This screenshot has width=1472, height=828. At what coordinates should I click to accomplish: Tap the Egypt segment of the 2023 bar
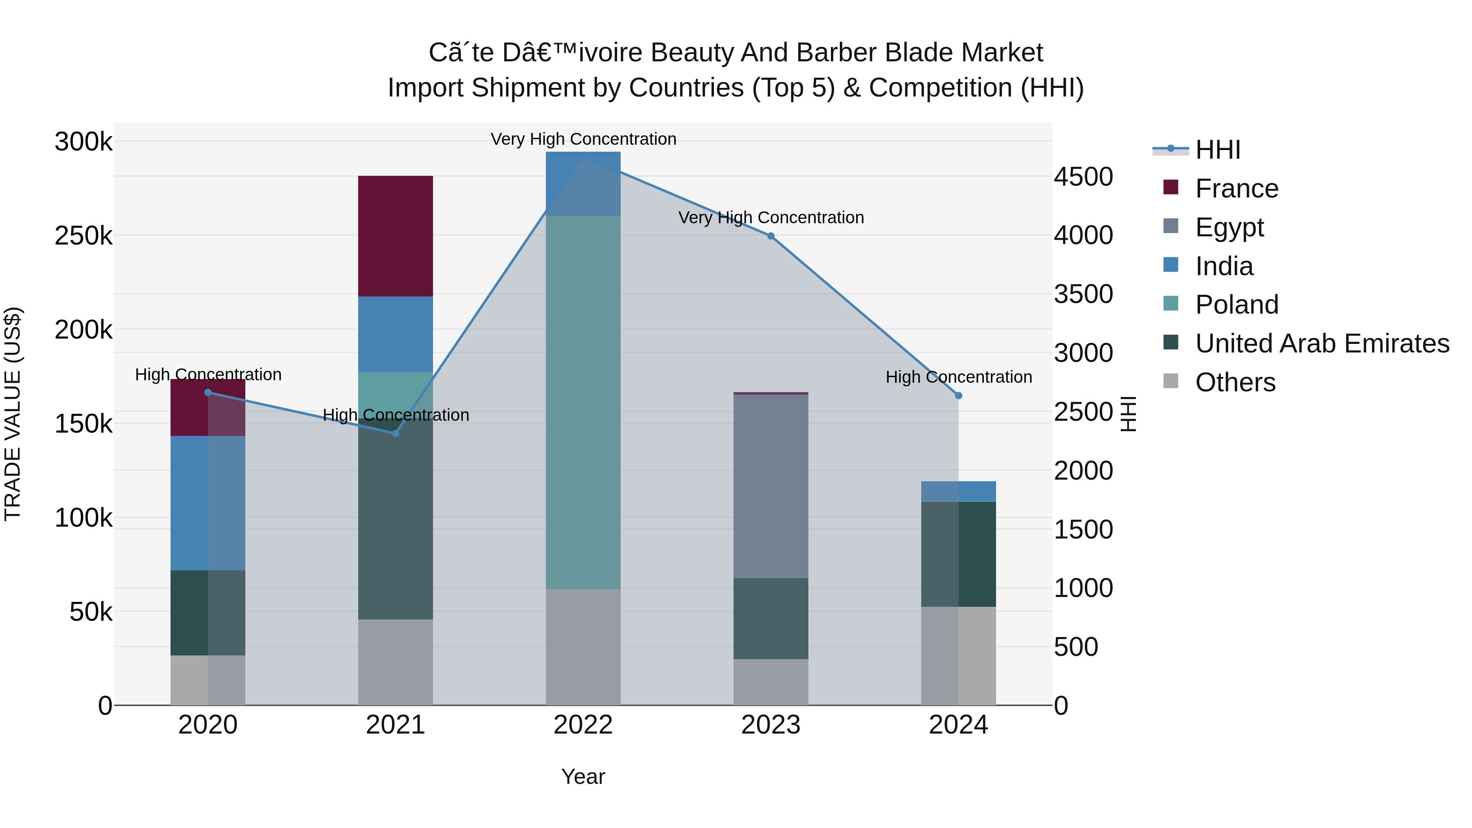coord(770,486)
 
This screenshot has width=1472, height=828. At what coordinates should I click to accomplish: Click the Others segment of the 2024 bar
coord(958,655)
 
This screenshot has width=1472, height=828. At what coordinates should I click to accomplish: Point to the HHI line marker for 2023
coord(770,236)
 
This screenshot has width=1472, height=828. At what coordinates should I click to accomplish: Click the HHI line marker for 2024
coord(958,395)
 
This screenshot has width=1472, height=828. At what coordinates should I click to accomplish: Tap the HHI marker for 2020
coord(207,392)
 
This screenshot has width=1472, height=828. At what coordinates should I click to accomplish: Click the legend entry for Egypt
coord(1229,227)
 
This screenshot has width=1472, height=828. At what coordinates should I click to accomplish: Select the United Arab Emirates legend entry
coord(1321,343)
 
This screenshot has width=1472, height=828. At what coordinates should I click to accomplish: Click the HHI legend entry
coord(1217,150)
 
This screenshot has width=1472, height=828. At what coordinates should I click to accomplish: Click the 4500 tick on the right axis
coord(1083,177)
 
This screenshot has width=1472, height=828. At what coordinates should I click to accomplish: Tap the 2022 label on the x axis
coord(583,725)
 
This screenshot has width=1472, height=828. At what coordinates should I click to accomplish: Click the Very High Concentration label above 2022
coord(583,139)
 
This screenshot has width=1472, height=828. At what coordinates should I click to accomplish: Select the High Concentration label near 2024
coord(958,377)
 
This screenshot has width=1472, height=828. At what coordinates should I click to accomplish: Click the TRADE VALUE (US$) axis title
coord(13,414)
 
